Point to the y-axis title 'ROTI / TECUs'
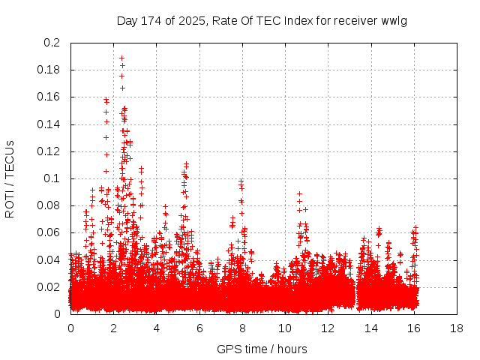10,178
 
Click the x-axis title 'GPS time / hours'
262,349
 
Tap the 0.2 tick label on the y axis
52,43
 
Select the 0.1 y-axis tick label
52,178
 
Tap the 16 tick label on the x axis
414,328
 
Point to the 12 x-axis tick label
328,328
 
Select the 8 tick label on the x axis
242,328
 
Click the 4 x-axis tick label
157,328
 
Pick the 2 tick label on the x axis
113,328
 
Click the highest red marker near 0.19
121,58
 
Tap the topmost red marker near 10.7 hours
299,193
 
